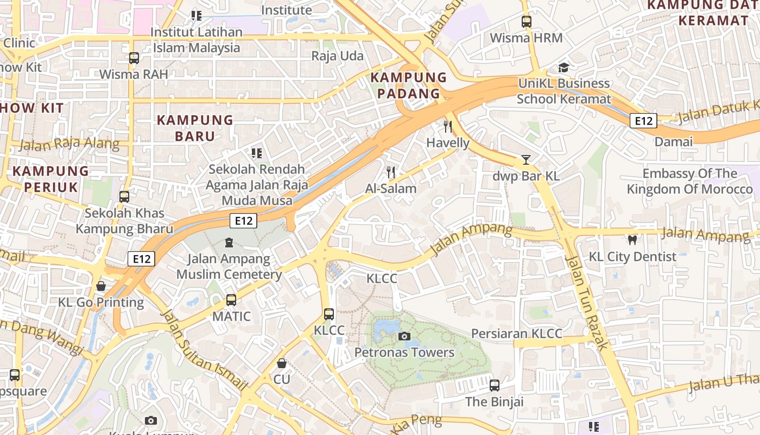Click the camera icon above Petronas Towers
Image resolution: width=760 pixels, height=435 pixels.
(x=404, y=337)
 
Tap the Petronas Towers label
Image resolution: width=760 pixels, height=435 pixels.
(x=404, y=352)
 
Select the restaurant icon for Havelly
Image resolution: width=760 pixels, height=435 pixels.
(x=448, y=127)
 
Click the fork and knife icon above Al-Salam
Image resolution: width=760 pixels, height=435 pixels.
(x=391, y=172)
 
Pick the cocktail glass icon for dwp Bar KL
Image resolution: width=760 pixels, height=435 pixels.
(x=525, y=160)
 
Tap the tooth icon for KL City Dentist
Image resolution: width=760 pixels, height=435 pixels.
(x=632, y=240)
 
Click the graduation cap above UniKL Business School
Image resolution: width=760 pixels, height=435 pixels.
(x=563, y=67)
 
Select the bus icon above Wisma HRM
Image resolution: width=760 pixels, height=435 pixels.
(x=526, y=22)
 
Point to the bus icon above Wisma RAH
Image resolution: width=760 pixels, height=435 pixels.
(x=134, y=58)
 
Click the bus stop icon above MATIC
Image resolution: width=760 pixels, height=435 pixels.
(x=231, y=300)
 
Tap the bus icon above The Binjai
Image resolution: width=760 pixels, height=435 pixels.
(x=494, y=386)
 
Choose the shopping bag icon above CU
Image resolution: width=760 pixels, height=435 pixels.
(x=282, y=363)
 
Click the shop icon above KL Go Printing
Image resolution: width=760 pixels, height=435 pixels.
(x=101, y=286)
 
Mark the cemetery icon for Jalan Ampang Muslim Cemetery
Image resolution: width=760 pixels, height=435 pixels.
(x=229, y=242)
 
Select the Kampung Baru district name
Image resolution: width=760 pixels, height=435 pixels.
(x=195, y=128)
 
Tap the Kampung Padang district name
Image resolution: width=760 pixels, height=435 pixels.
(x=408, y=85)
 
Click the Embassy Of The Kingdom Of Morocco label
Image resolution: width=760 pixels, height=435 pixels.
(x=690, y=181)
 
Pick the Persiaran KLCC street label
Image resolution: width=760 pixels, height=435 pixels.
(x=516, y=333)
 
